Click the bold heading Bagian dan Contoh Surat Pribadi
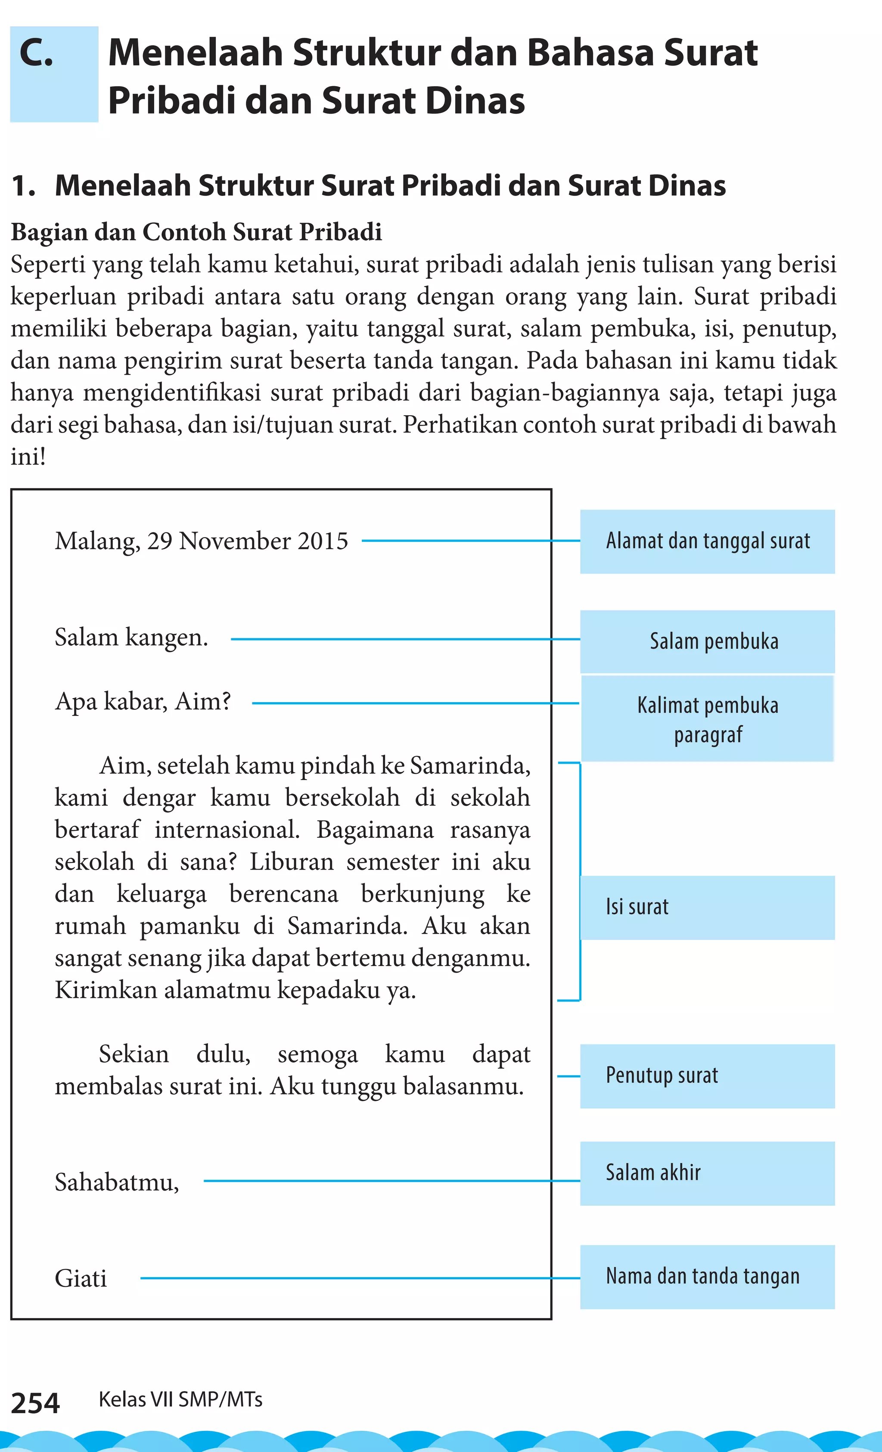click(196, 232)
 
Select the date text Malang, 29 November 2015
click(202, 541)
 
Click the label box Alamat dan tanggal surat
click(707, 541)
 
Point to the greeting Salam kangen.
click(131, 637)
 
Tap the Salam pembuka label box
click(707, 641)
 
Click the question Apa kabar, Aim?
click(143, 702)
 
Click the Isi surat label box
click(707, 908)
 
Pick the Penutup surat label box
click(707, 1076)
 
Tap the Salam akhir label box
click(707, 1173)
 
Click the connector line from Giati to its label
click(354, 1278)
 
